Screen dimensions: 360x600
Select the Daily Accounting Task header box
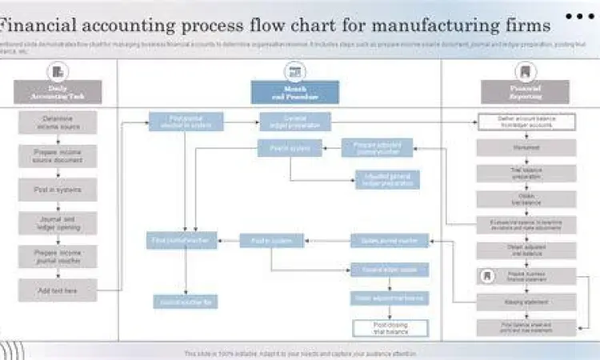(58, 92)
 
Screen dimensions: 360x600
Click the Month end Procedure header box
(294, 92)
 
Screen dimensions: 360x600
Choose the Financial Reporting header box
(526, 92)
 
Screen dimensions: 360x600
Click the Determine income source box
(58, 122)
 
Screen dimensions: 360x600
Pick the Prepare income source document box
(58, 156)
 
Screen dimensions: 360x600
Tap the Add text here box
(58, 290)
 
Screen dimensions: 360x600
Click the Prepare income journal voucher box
(58, 257)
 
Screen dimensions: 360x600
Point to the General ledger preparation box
(294, 122)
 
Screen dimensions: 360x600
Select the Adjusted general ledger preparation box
(387, 179)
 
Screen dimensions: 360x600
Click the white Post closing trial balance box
(390, 328)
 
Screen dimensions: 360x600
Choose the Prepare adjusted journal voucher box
(377, 148)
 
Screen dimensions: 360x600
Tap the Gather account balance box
(526, 122)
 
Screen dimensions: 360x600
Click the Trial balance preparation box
(526, 173)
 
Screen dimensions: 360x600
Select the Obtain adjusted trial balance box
(526, 250)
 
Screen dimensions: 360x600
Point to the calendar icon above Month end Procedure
(294, 71)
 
